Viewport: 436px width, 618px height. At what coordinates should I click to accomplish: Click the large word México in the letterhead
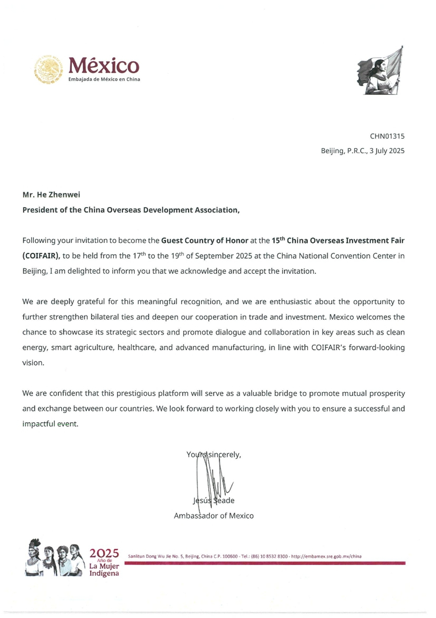104,65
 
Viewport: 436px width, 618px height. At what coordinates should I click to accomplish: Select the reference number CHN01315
387,136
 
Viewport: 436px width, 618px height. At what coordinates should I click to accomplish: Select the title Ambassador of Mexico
214,515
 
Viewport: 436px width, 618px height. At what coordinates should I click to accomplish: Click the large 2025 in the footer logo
104,553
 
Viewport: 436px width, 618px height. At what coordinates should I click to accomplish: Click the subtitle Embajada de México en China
104,80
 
